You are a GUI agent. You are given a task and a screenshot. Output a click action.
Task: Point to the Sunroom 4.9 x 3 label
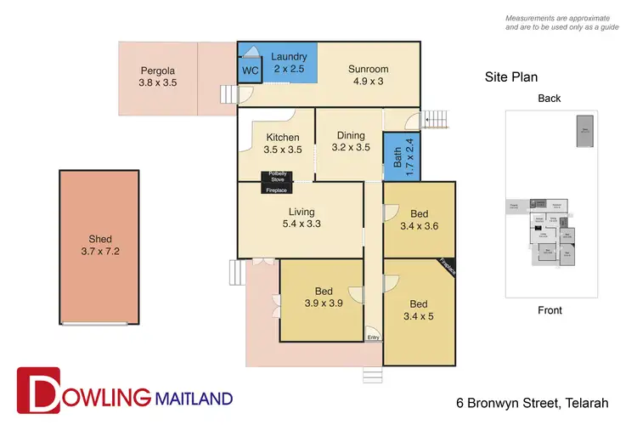369,76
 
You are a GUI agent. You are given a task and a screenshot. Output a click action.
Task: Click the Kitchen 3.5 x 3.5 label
282,143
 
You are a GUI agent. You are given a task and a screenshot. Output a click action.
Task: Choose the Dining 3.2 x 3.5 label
351,141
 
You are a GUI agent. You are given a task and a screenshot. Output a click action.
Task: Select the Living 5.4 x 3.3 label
301,218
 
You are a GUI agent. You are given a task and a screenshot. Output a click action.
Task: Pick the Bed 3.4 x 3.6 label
420,219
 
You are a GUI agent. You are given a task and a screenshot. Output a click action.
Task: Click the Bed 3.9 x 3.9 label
324,296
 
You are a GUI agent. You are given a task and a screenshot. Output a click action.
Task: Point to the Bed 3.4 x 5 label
420,310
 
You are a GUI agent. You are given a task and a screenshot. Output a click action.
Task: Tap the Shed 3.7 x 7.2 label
99,245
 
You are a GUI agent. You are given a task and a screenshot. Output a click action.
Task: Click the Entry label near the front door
373,337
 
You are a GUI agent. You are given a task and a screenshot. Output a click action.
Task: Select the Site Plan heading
511,76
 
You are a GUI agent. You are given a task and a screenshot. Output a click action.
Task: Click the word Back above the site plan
549,99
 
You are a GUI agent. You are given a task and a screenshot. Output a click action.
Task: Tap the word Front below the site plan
550,310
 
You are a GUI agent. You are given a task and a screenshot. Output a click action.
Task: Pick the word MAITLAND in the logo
193,397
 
